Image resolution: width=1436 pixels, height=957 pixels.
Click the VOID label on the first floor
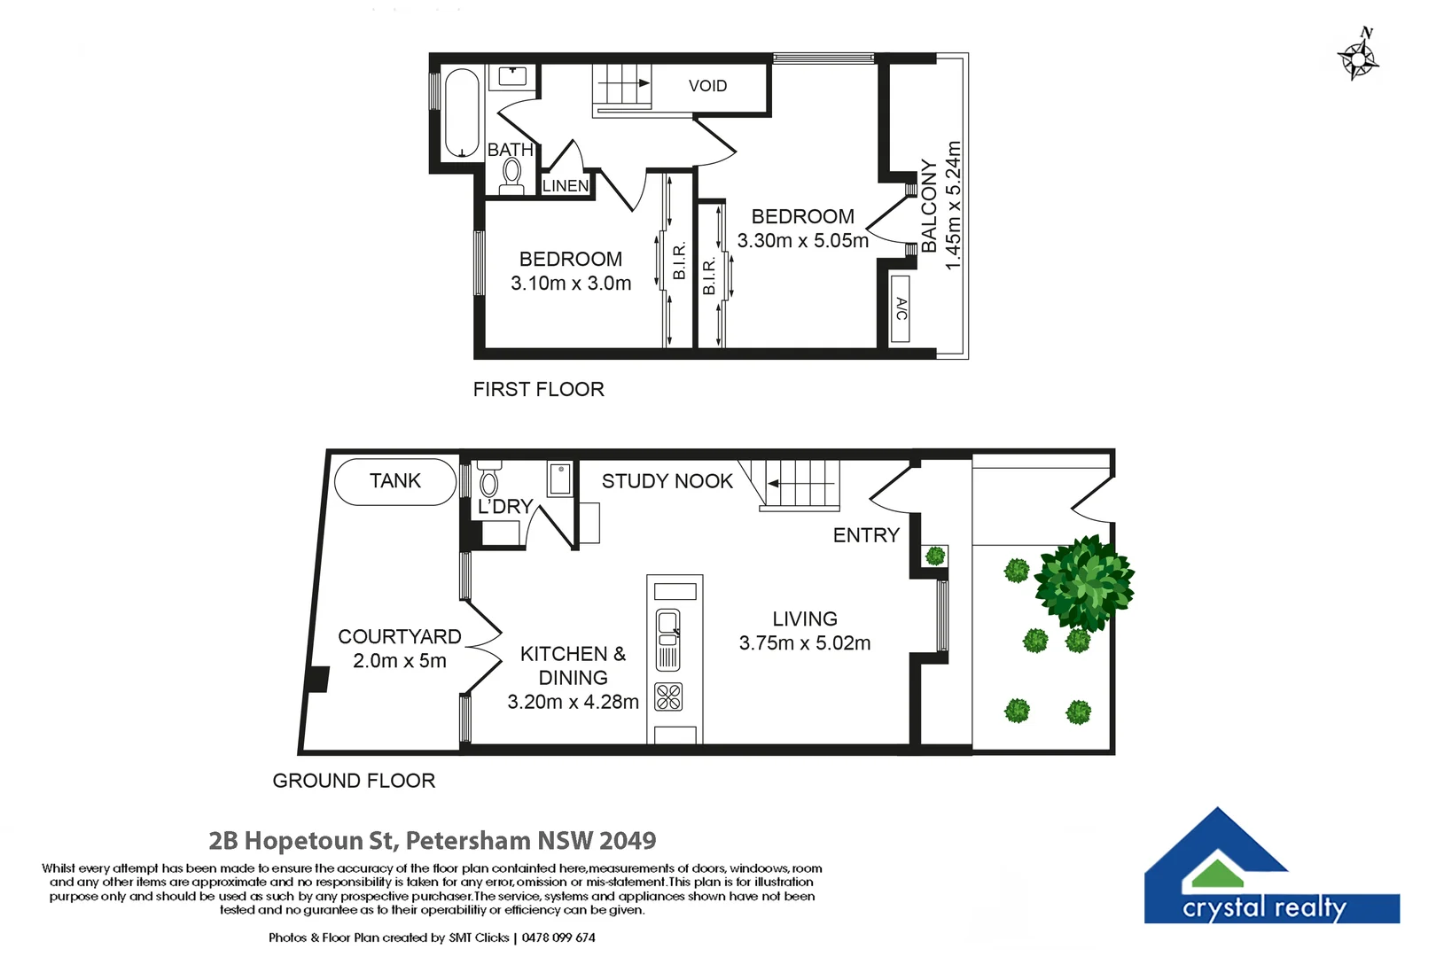707,86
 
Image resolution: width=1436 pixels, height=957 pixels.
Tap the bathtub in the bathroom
462,113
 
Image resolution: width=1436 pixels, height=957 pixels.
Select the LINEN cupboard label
566,186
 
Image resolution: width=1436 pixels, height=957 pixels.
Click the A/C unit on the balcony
901,309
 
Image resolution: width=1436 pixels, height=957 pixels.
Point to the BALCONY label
929,206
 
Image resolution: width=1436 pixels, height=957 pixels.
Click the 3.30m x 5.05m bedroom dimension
803,241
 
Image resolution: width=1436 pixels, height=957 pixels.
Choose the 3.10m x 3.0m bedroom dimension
571,284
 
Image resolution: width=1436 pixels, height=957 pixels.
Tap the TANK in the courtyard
395,481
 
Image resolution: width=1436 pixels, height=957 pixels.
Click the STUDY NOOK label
667,481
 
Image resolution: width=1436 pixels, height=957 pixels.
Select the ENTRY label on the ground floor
866,535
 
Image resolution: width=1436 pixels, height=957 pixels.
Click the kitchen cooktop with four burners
669,697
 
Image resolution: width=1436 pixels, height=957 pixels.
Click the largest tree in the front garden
1084,583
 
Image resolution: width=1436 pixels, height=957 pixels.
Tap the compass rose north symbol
1358,58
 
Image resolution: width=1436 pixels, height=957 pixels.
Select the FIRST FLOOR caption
538,390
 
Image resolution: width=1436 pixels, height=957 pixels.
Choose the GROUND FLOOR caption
354,781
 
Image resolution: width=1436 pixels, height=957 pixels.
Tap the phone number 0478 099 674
558,938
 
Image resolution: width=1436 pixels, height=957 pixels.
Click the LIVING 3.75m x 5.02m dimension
805,643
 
